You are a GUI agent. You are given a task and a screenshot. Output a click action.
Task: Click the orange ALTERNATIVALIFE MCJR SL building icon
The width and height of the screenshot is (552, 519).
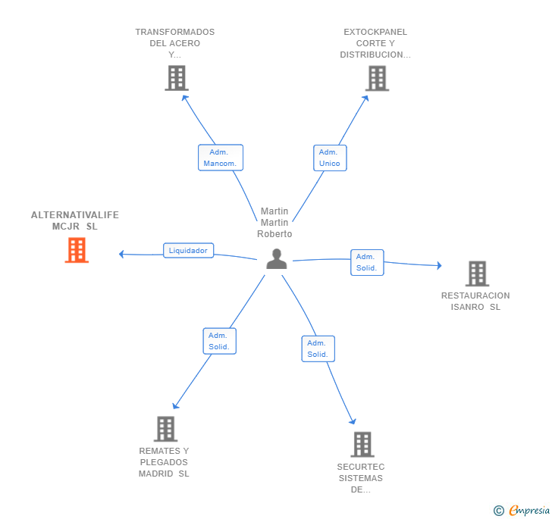click(77, 250)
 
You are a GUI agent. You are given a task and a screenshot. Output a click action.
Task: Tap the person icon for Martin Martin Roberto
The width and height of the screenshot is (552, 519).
click(277, 259)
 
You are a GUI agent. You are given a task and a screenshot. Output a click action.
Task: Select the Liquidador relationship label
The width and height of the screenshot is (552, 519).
click(188, 251)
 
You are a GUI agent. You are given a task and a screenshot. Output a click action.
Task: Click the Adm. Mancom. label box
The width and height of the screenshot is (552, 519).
click(220, 158)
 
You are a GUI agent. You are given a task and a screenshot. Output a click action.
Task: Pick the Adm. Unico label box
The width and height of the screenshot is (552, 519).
click(330, 158)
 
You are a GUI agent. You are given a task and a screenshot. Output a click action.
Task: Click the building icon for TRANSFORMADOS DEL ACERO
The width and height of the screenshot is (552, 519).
click(176, 78)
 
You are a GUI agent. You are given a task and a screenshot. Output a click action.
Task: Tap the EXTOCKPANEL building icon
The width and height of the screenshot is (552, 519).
click(377, 78)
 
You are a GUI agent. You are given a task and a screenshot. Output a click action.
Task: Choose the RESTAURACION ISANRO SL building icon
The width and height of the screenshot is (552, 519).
click(476, 274)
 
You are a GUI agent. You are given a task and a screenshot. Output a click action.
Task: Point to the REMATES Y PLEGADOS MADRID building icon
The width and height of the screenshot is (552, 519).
click(165, 429)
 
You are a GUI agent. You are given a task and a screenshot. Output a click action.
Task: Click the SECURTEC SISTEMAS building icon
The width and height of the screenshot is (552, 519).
click(362, 444)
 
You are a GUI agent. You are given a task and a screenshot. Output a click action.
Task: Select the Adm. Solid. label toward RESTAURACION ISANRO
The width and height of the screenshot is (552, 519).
click(367, 262)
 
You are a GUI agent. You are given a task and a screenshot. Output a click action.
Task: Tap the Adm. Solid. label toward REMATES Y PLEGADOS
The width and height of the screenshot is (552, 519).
click(219, 341)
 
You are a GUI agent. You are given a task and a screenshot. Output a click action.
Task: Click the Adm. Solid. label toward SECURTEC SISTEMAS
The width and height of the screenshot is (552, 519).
click(318, 349)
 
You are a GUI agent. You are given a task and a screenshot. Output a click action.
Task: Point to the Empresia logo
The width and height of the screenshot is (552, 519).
click(528, 511)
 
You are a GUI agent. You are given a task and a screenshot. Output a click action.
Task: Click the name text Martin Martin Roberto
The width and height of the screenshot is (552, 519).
click(274, 223)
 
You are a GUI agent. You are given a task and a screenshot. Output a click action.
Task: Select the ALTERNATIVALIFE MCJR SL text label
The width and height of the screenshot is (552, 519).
click(75, 220)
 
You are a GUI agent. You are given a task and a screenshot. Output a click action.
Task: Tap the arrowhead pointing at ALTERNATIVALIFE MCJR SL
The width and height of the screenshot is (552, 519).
click(121, 254)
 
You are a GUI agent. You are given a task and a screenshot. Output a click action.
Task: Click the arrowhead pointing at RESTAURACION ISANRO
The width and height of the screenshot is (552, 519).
click(438, 265)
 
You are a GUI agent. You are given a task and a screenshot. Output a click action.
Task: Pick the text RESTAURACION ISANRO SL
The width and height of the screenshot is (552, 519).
click(475, 302)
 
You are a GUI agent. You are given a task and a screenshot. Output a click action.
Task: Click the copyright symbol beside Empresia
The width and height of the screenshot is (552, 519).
click(498, 511)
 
